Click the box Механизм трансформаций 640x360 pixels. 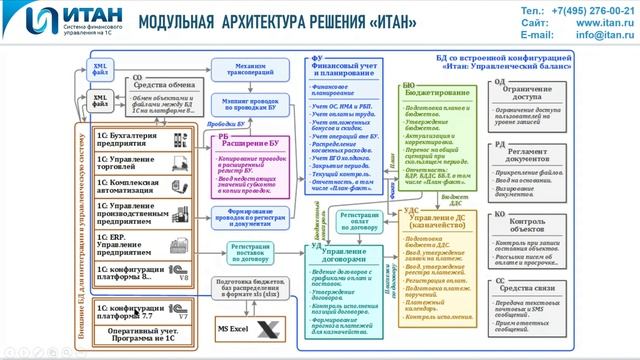pos(243,67)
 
